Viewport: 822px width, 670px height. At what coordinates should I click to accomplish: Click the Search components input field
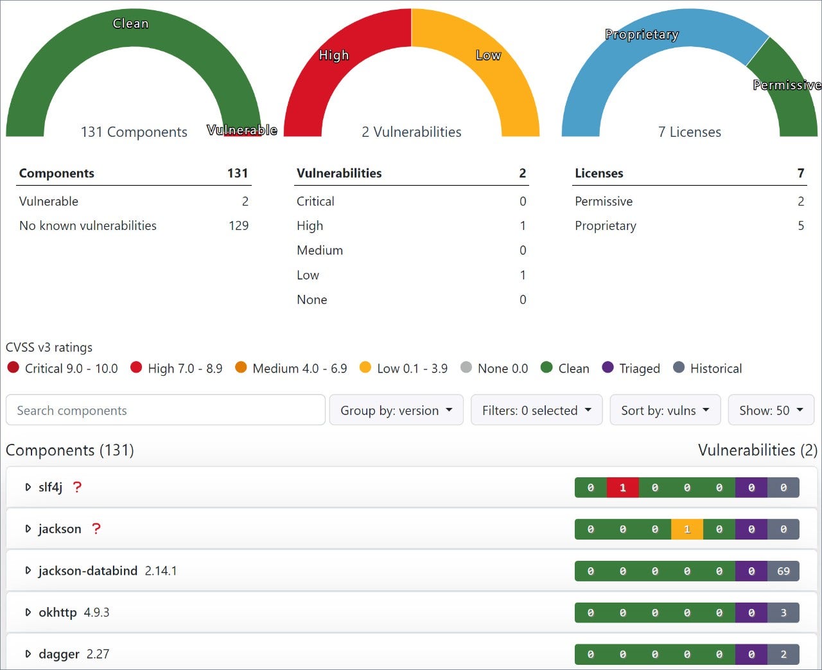165,410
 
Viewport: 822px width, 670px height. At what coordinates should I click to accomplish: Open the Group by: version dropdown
396,410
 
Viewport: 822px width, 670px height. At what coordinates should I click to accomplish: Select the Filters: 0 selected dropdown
536,410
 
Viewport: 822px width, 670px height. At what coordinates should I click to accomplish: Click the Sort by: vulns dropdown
665,410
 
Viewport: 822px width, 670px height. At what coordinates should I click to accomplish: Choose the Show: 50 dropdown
771,410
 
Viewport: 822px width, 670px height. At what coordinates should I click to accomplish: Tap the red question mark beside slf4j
77,487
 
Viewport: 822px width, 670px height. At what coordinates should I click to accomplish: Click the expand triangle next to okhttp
28,612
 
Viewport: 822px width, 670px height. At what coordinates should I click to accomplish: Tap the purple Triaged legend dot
608,367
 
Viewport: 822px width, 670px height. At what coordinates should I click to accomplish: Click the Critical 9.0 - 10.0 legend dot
13,367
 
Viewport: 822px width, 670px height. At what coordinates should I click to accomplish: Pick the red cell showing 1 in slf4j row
622,488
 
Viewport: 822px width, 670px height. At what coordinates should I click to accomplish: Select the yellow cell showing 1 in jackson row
686,529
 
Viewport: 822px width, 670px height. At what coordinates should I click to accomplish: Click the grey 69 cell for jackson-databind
783,571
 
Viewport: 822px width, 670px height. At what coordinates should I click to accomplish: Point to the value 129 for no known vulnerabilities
238,225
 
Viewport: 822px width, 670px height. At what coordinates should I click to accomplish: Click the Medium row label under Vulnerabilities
320,250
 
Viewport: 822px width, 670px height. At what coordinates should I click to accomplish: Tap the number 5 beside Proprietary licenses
800,225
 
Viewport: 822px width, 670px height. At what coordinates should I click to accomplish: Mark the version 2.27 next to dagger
98,654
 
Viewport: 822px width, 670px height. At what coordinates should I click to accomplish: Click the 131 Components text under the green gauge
134,132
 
